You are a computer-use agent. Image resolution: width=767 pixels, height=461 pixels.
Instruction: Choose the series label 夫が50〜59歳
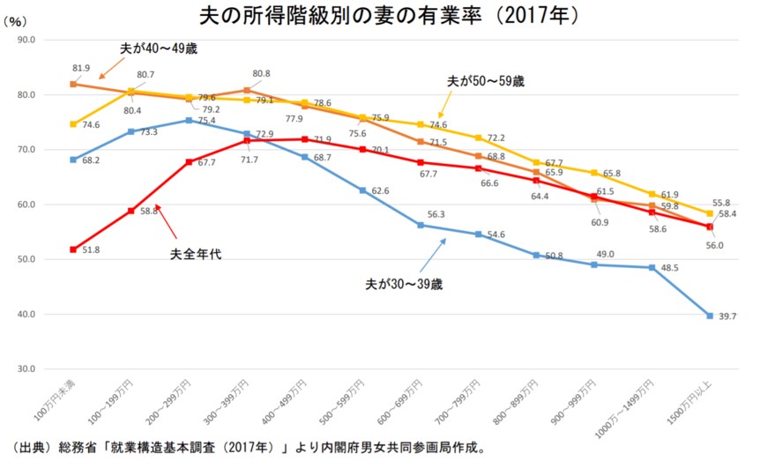click(x=486, y=80)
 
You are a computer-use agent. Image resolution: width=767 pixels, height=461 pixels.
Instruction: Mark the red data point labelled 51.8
click(x=73, y=249)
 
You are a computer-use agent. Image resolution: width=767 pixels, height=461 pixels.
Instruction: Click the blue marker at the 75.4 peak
click(x=189, y=120)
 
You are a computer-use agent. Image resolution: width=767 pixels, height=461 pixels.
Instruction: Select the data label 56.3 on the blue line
click(x=436, y=214)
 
